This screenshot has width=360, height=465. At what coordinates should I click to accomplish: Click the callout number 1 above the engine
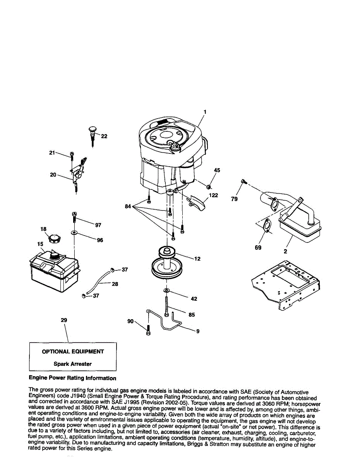click(x=205, y=112)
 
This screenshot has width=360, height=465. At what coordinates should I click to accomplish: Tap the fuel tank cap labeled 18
click(x=54, y=238)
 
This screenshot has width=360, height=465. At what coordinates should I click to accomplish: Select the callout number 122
click(x=213, y=195)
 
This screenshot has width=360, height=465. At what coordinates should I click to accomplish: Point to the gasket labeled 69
click(x=265, y=227)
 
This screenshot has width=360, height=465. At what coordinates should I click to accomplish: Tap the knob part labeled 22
click(x=93, y=132)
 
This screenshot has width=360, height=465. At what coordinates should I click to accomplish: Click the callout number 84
click(x=128, y=207)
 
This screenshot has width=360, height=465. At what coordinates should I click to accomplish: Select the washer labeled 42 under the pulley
click(x=166, y=290)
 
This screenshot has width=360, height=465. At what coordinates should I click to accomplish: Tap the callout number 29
click(x=64, y=320)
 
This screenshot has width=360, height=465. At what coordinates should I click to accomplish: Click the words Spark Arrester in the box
click(x=73, y=364)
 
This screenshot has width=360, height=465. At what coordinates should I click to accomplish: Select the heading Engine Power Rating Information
click(x=72, y=378)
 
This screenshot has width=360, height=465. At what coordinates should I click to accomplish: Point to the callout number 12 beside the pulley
click(x=197, y=258)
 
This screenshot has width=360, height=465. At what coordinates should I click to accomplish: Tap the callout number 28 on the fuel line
click(x=115, y=284)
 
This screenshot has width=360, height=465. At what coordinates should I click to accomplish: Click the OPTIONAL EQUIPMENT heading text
click(x=73, y=351)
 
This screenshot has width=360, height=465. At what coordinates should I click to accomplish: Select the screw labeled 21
click(x=72, y=156)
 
